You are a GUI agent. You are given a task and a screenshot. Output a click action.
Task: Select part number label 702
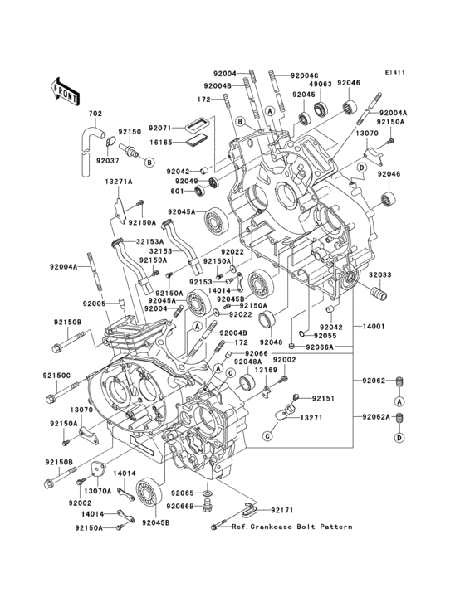click(x=95, y=114)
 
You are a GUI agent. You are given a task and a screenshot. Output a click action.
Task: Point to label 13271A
click(x=119, y=182)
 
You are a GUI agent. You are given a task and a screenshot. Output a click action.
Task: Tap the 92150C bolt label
click(x=58, y=376)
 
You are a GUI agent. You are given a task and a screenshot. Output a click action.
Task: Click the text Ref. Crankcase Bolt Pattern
click(x=291, y=527)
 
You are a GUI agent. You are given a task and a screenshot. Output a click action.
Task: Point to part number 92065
click(x=183, y=493)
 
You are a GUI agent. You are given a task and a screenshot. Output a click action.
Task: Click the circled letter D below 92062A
click(x=399, y=437)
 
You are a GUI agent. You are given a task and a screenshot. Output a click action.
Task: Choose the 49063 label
click(x=321, y=84)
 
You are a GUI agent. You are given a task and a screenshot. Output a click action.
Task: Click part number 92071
click(x=160, y=129)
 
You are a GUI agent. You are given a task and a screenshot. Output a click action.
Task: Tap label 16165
click(x=160, y=143)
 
